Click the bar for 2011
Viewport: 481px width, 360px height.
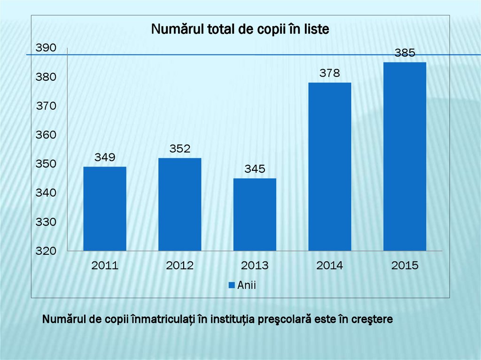click(x=105, y=208)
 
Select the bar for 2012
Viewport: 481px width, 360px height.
click(x=179, y=204)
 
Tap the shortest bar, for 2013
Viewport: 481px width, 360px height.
click(x=255, y=214)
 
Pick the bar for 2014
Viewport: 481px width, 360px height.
click(x=330, y=167)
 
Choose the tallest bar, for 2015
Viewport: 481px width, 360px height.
click(x=404, y=156)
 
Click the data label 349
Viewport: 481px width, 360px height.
click(x=105, y=157)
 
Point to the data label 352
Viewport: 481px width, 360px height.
click(x=180, y=149)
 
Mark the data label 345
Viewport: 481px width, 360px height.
click(x=255, y=169)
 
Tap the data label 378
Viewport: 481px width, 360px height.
click(x=330, y=73)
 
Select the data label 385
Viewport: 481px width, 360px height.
click(x=404, y=53)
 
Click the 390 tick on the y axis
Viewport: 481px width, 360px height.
click(x=46, y=48)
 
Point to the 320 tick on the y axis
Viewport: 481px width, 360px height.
click(x=46, y=251)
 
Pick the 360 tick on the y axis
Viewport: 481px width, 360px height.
click(x=46, y=135)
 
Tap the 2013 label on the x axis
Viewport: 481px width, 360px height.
click(x=255, y=266)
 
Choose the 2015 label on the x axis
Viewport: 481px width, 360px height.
click(x=404, y=266)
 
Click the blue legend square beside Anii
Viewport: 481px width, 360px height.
click(x=232, y=285)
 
